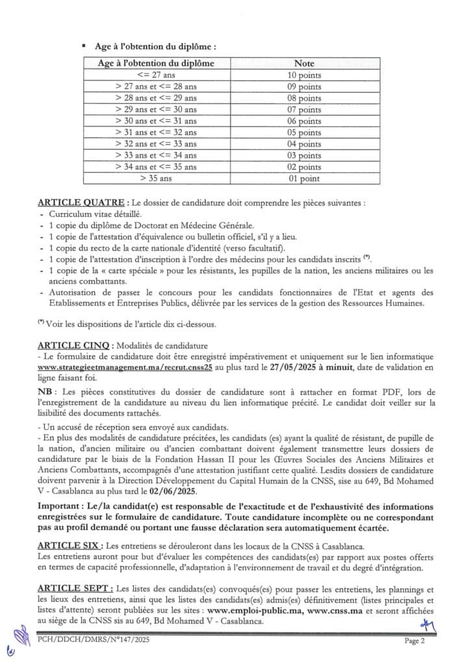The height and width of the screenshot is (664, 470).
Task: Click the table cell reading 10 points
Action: (x=304, y=75)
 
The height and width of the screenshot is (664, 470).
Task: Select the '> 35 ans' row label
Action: (x=155, y=178)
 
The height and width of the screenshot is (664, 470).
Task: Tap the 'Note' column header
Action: (x=304, y=64)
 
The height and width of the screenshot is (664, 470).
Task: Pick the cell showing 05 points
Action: (x=304, y=132)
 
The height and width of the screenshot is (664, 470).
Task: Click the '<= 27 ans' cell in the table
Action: (x=155, y=75)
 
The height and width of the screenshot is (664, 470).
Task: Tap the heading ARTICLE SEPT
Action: (x=72, y=587)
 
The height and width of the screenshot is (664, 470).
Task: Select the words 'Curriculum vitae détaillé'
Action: (x=95, y=214)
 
